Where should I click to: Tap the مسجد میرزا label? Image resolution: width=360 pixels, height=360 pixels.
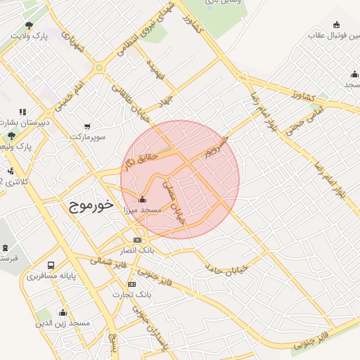tap(141, 210)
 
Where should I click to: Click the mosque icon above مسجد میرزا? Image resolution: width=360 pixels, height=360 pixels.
tap(143, 199)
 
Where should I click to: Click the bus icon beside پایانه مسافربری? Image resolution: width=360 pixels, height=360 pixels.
tap(51, 265)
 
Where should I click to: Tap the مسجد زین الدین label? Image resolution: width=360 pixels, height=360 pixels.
tap(64, 323)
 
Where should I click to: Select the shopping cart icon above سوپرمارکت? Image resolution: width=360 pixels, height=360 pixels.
tap(87, 127)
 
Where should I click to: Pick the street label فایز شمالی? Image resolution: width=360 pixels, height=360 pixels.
tap(105, 262)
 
